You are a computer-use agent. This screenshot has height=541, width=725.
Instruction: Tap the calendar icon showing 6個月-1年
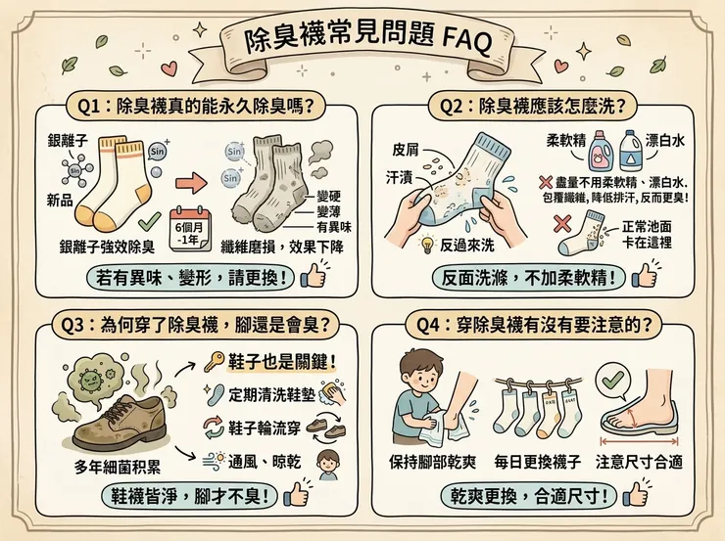pos(191,228)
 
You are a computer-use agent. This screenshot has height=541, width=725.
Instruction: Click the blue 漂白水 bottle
pos(633,159)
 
